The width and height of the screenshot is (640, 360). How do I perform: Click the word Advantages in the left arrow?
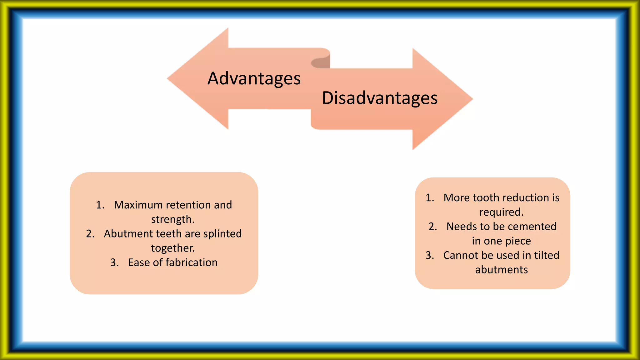254,78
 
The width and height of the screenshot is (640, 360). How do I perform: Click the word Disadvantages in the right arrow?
380,98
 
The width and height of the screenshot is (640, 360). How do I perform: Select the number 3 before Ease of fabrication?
114,262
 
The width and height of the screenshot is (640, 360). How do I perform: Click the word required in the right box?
501,212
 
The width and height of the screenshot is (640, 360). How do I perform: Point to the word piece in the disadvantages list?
518,241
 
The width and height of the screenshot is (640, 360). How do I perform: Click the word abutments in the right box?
501,270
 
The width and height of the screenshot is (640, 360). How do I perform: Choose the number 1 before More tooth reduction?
429,198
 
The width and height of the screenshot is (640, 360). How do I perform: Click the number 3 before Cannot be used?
429,255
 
